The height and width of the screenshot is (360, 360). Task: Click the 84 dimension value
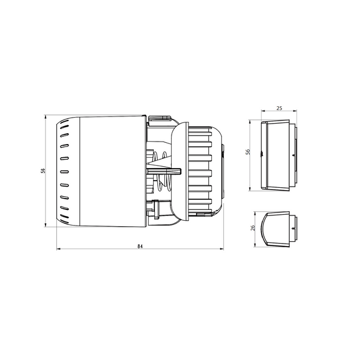tap(139, 246)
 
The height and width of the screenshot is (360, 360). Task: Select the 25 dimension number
tap(278, 109)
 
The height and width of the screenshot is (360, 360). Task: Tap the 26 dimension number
tap(253, 228)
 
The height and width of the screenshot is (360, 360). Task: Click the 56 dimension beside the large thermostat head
tap(43, 171)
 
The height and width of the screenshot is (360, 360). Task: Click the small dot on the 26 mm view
tap(292, 229)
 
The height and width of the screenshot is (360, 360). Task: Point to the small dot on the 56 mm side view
tap(292, 154)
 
